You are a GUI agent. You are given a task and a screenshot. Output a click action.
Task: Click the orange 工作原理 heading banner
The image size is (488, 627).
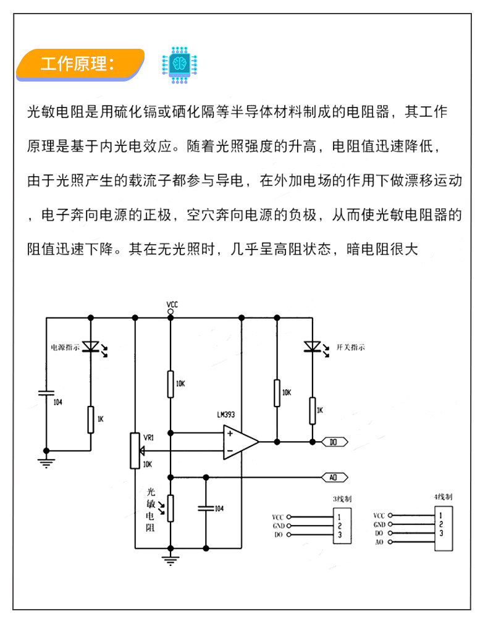point(80,64)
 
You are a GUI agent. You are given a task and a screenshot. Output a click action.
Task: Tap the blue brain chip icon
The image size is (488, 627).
point(180,65)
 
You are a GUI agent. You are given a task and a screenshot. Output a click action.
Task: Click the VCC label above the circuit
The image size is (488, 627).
point(172,305)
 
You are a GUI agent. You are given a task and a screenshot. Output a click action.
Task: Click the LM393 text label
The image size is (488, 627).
point(226,414)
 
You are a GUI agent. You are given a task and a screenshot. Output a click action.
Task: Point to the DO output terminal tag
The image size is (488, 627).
point(335,442)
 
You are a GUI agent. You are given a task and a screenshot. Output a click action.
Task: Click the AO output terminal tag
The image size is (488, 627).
point(335,478)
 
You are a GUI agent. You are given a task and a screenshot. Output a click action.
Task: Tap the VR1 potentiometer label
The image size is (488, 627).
point(149,438)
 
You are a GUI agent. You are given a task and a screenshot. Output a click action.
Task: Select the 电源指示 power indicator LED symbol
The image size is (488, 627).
point(92,347)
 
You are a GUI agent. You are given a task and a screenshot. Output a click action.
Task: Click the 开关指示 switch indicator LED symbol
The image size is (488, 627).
point(314,347)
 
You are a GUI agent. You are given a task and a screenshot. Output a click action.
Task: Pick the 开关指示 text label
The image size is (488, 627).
point(351,347)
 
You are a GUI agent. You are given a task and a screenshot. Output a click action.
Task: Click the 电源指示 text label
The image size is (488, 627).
point(65,347)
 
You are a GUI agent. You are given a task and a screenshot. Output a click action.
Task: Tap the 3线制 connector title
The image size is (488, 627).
point(342,499)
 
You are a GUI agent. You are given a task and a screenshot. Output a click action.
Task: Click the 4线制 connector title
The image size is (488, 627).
point(443,497)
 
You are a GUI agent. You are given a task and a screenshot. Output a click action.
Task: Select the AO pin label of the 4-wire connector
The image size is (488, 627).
point(379,542)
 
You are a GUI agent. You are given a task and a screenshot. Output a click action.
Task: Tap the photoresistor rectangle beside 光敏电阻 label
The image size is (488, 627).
point(170,508)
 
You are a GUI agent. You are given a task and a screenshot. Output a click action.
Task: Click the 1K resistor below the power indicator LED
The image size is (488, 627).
point(91,419)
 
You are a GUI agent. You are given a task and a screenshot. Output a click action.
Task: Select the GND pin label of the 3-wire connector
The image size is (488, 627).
point(279,526)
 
